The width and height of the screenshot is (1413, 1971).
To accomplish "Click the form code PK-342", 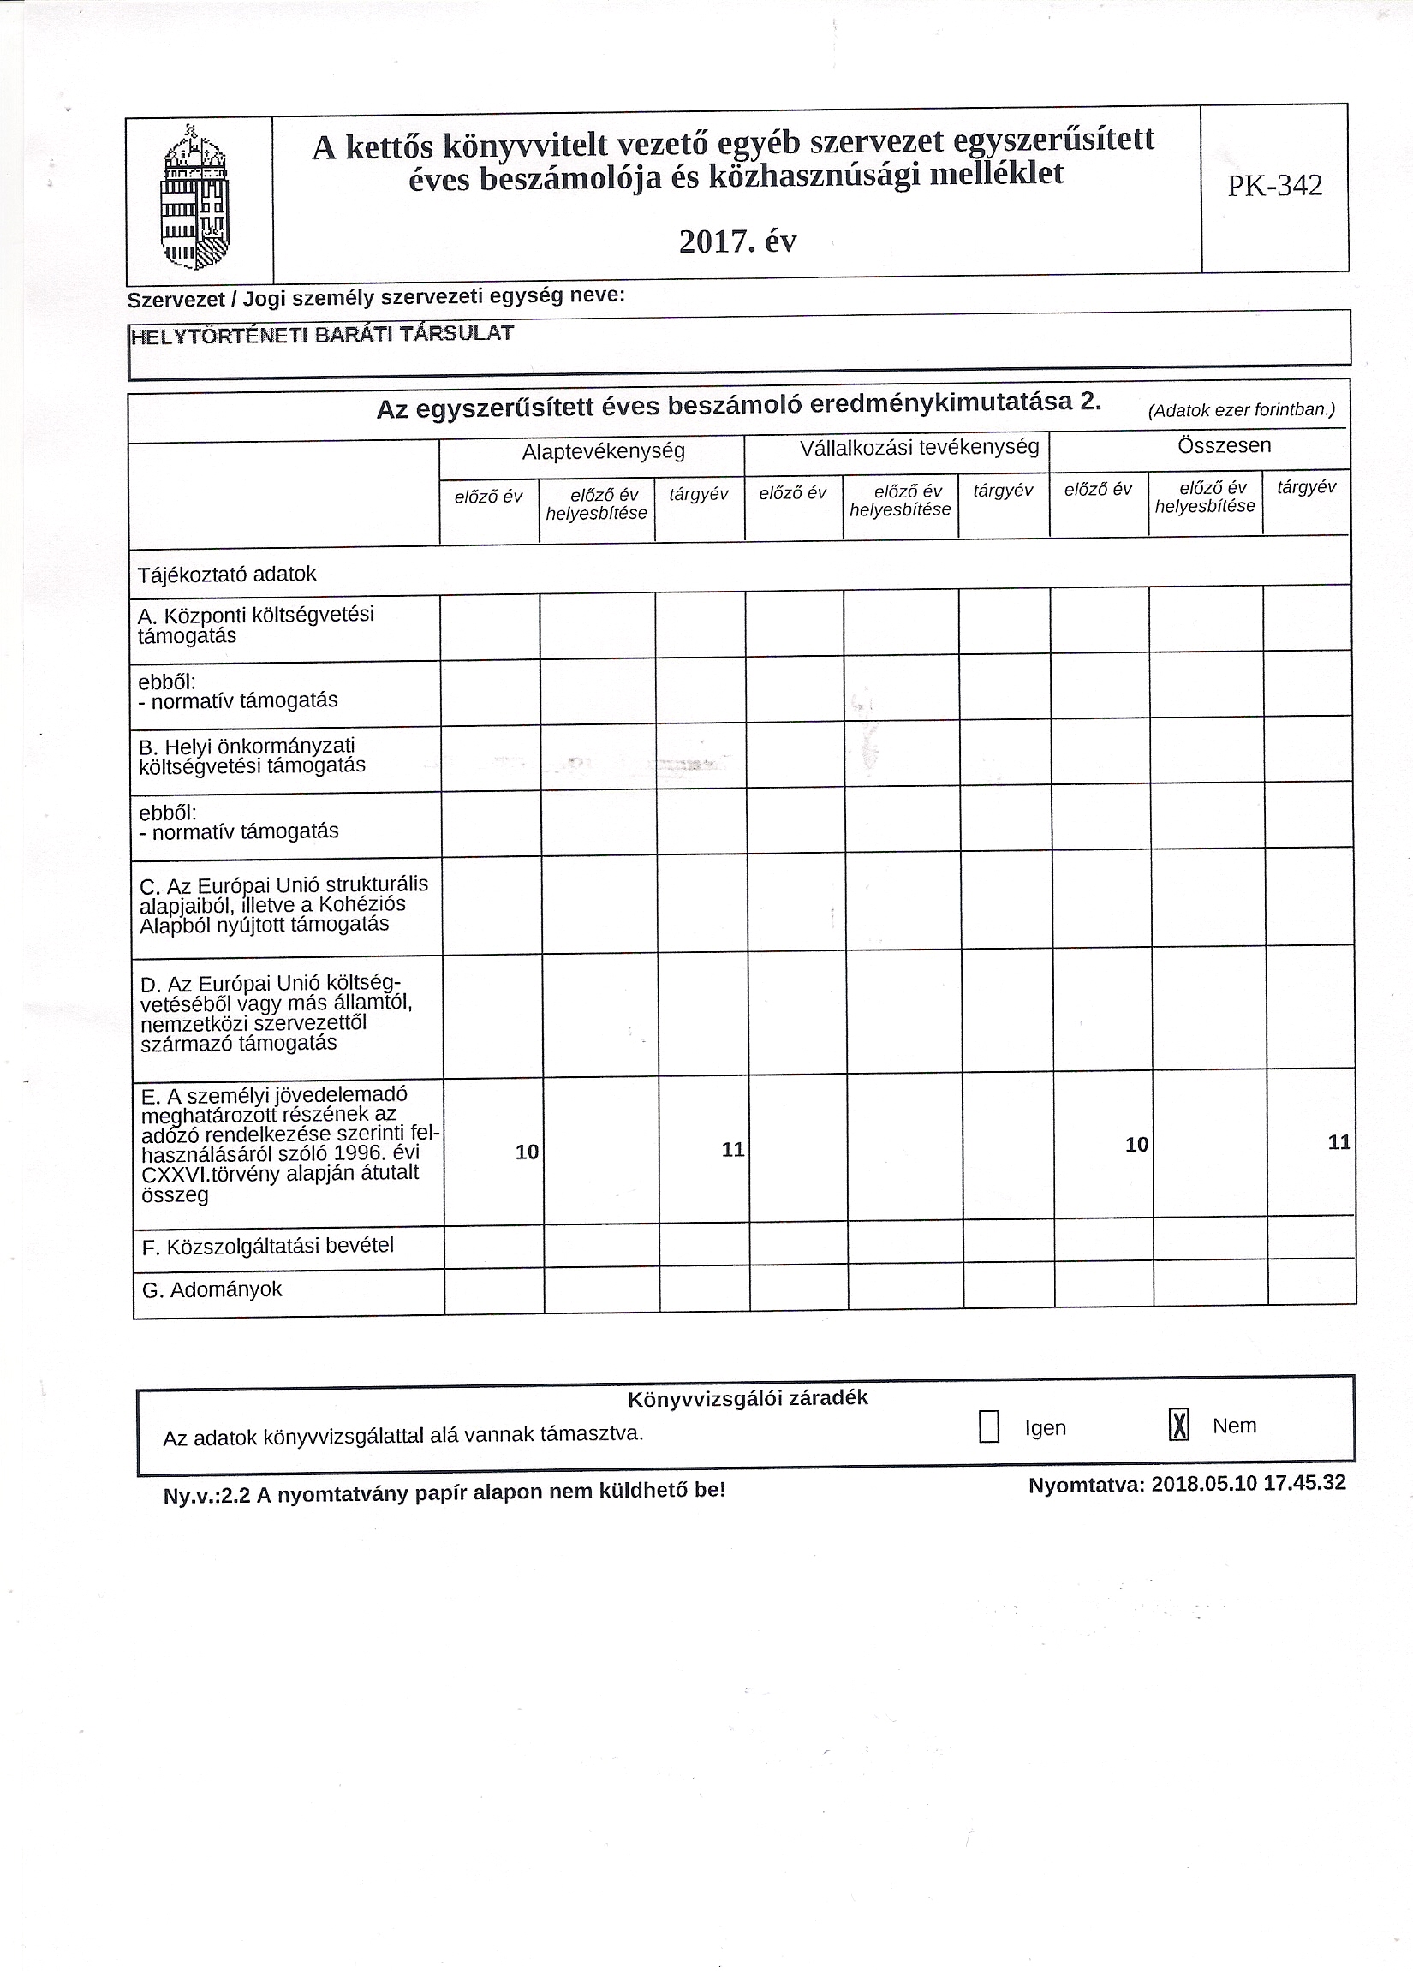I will [x=1274, y=186].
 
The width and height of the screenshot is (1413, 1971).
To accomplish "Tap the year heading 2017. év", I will [x=737, y=241].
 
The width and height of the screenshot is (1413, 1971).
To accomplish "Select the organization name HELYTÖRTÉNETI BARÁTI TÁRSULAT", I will [x=321, y=335].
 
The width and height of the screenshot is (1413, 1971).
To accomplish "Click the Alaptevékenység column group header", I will [x=603, y=451].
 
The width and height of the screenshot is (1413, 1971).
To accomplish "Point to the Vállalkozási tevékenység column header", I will [x=920, y=448].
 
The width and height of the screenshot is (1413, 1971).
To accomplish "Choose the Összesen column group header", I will [x=1224, y=446].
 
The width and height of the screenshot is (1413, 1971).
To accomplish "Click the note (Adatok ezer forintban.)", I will [x=1241, y=410].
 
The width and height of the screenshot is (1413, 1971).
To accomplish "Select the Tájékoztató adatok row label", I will [x=227, y=575].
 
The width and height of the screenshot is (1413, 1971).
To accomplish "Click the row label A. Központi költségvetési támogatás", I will [x=255, y=625].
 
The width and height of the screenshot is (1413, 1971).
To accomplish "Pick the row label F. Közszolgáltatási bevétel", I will [x=268, y=1246].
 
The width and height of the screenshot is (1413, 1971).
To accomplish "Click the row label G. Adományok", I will [x=212, y=1289].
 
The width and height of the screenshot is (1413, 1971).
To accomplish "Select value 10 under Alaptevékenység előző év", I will [x=527, y=1152].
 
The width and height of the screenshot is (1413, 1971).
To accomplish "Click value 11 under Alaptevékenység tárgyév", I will [x=732, y=1150].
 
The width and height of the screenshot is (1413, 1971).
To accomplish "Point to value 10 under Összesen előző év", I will [x=1136, y=1146].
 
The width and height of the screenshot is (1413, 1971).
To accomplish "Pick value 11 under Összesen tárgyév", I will [x=1339, y=1143].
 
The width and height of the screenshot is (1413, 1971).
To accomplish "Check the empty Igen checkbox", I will [x=988, y=1427].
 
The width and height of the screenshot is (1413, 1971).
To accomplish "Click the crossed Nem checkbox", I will [x=1178, y=1426].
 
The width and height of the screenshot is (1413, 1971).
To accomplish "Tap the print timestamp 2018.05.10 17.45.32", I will [x=1248, y=1484].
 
